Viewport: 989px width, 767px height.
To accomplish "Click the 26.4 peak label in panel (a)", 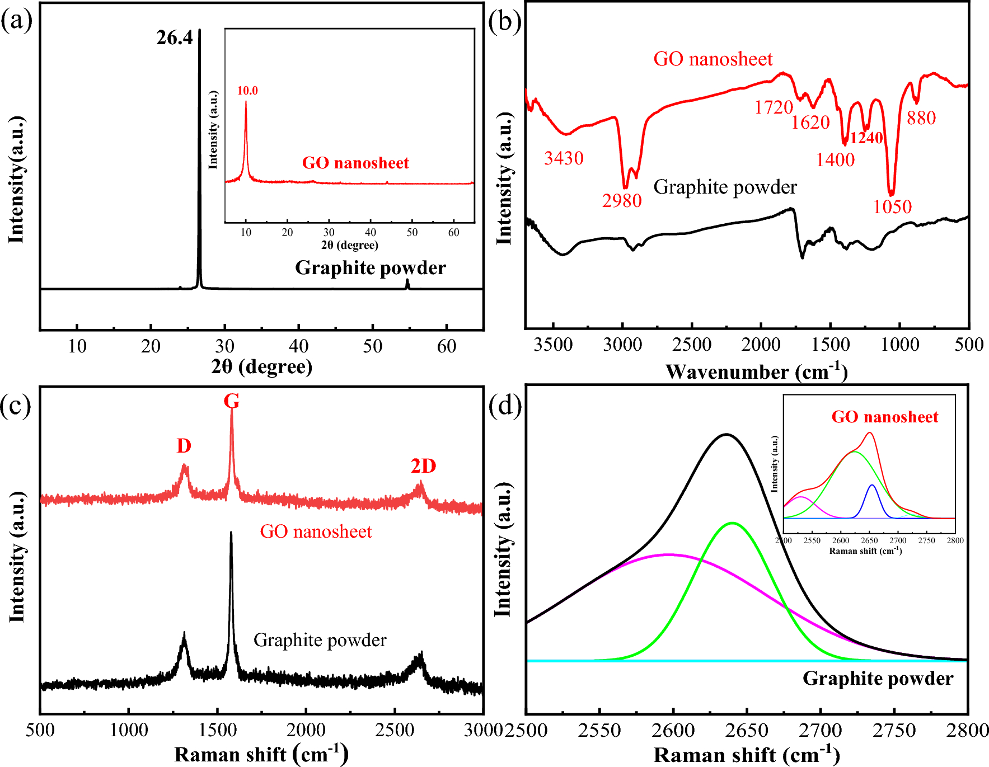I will pyautogui.click(x=174, y=38).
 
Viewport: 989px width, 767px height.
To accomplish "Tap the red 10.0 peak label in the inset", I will pyautogui.click(x=247, y=91).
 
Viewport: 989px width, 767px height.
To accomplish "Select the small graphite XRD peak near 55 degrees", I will pyautogui.click(x=407, y=284).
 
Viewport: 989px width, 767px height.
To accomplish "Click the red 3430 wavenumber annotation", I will pyautogui.click(x=564, y=158).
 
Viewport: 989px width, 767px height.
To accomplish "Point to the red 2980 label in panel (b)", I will pyautogui.click(x=621, y=200).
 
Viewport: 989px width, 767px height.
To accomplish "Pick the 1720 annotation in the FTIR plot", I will pyautogui.click(x=774, y=107).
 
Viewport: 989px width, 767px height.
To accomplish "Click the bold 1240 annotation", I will pyautogui.click(x=866, y=138).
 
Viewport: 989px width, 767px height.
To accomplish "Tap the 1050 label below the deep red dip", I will pyautogui.click(x=892, y=207).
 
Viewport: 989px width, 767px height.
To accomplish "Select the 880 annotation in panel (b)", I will pyautogui.click(x=921, y=118).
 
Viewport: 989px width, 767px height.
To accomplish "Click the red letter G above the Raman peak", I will pyautogui.click(x=231, y=401).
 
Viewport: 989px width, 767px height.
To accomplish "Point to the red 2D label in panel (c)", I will pyautogui.click(x=423, y=466).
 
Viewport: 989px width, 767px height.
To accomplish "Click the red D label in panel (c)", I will pyautogui.click(x=184, y=446).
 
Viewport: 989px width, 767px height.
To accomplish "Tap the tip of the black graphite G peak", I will pyautogui.click(x=231, y=533).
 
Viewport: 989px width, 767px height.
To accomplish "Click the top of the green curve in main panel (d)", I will pyautogui.click(x=732, y=523).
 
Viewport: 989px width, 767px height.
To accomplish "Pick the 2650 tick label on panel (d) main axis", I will pyautogui.click(x=747, y=730).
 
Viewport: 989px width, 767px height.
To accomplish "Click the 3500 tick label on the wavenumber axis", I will pyautogui.click(x=553, y=345).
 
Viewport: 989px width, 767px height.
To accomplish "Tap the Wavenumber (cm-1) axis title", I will pyautogui.click(x=756, y=371).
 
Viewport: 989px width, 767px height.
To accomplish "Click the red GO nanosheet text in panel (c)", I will pyautogui.click(x=316, y=531).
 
